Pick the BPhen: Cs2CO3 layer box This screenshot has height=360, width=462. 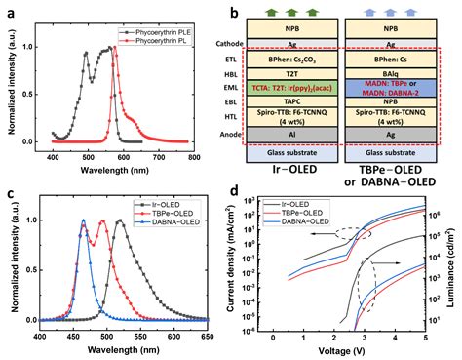pos(293,58)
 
